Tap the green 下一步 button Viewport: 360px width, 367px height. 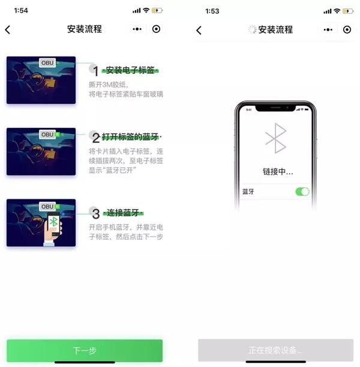click(85, 350)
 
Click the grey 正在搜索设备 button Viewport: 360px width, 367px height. click(275, 350)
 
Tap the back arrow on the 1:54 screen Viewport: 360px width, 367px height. click(8, 29)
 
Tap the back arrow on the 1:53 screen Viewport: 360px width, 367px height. click(199, 30)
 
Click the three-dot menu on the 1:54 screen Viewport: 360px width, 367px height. click(137, 29)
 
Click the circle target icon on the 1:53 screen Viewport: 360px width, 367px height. click(347, 29)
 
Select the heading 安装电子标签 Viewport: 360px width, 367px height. click(130, 70)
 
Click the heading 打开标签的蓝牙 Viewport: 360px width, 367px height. click(130, 137)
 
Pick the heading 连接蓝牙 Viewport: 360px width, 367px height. click(123, 213)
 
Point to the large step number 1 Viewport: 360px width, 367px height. click(95, 71)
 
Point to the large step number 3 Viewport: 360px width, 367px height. click(95, 214)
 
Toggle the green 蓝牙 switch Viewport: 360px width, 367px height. click(302, 192)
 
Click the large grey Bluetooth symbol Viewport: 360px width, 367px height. click(276, 138)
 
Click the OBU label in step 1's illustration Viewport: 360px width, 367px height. click(47, 62)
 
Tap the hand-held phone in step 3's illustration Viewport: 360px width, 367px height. click(53, 224)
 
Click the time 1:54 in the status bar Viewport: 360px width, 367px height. click(21, 11)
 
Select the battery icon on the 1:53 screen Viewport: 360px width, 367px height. click(347, 11)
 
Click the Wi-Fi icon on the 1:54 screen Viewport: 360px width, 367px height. click(146, 10)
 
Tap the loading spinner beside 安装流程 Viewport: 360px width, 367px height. click(252, 29)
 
